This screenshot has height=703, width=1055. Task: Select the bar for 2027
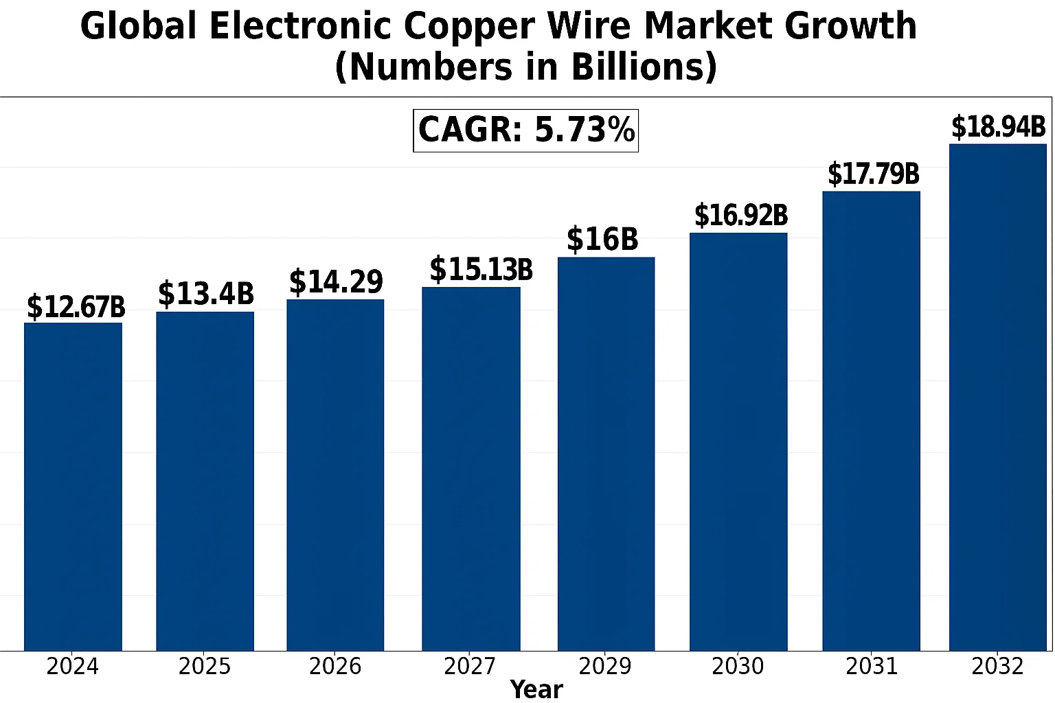pyautogui.click(x=471, y=468)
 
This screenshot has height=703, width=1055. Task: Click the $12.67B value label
pyautogui.click(x=76, y=307)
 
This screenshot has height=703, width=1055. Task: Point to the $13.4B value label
pyautogui.click(x=205, y=294)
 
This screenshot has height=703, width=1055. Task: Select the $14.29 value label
pyautogui.click(x=336, y=281)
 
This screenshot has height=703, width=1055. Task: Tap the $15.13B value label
pyautogui.click(x=481, y=270)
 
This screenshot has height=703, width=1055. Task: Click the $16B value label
pyautogui.click(x=602, y=240)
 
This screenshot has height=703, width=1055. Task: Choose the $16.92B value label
pyautogui.click(x=740, y=216)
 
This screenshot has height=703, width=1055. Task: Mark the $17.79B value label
pyautogui.click(x=873, y=174)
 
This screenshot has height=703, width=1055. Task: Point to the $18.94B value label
pyautogui.click(x=998, y=128)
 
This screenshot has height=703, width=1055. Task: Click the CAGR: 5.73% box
pyautogui.click(x=526, y=130)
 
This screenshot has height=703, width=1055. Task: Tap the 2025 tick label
pyautogui.click(x=205, y=666)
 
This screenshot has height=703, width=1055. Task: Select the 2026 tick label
pyautogui.click(x=335, y=666)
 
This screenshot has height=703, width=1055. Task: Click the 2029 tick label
pyautogui.click(x=605, y=666)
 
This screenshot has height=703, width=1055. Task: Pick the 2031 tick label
pyautogui.click(x=872, y=666)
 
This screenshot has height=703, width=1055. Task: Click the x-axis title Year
pyautogui.click(x=536, y=689)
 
